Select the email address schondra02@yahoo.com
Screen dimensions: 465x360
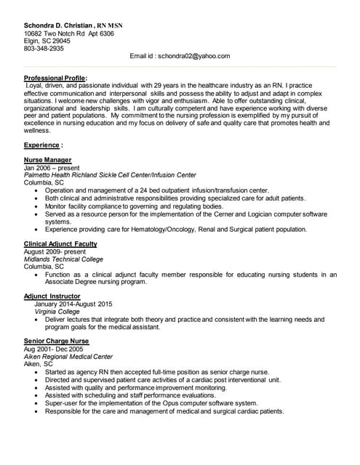pyautogui.click(x=180, y=56)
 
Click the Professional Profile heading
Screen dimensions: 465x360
pyautogui.click(x=55, y=78)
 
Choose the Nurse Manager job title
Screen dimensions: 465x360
pyautogui.click(x=47, y=160)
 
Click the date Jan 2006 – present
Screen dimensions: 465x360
pyautogui.click(x=52, y=168)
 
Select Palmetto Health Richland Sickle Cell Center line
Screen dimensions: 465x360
pyautogui.click(x=110, y=175)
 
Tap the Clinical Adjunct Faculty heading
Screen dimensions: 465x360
pyautogui.click(x=60, y=244)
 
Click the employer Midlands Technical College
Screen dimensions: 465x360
pyautogui.click(x=63, y=259)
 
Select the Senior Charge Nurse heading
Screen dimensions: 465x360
pyautogui.click(x=56, y=341)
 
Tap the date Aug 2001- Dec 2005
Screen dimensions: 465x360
pyautogui.click(x=53, y=349)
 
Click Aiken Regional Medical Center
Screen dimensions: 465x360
pyautogui.click(x=68, y=357)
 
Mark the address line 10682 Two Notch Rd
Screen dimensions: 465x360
pyautogui.click(x=69, y=33)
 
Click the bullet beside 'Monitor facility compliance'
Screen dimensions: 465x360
pyautogui.click(x=36, y=206)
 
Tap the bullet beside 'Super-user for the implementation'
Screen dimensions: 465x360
pyautogui.click(x=36, y=403)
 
